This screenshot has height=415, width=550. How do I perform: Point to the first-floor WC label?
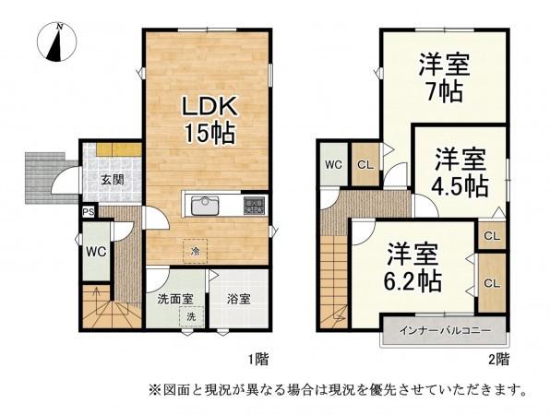pyautogui.click(x=95, y=251)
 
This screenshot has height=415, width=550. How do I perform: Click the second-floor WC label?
pyautogui.click(x=332, y=164)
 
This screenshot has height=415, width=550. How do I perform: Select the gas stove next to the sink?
pyautogui.click(x=254, y=203)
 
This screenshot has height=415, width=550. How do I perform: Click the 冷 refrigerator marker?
pyautogui.click(x=195, y=249)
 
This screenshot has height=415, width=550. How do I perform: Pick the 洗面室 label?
pyautogui.click(x=174, y=299)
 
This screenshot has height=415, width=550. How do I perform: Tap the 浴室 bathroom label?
pyautogui.click(x=239, y=299)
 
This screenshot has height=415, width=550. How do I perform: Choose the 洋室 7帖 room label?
pyautogui.click(x=445, y=78)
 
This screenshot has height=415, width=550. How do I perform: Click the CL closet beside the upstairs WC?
pyautogui.click(x=365, y=164)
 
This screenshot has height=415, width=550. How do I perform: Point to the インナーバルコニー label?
pyautogui.click(x=444, y=329)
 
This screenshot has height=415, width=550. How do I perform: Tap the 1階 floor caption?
pyautogui.click(x=258, y=357)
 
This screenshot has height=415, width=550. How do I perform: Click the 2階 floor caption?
pyautogui.click(x=499, y=357)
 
